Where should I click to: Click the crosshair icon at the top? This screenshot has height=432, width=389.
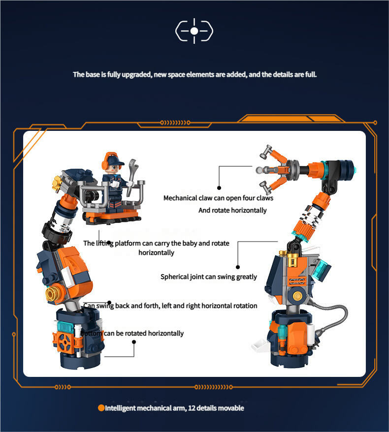(194, 31)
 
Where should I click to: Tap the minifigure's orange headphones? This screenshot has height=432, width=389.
(104, 163)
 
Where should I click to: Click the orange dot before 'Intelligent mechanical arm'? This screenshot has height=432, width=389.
(101, 408)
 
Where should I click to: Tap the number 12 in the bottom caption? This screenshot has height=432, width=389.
(192, 408)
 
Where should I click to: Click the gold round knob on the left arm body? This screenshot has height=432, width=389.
(52, 294)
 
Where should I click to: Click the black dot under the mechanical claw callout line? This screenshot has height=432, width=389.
(219, 188)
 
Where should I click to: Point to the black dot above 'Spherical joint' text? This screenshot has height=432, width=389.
(238, 267)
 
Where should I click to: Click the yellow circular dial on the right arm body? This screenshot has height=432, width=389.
(297, 296)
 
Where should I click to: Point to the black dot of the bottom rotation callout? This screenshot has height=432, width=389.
(134, 342)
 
